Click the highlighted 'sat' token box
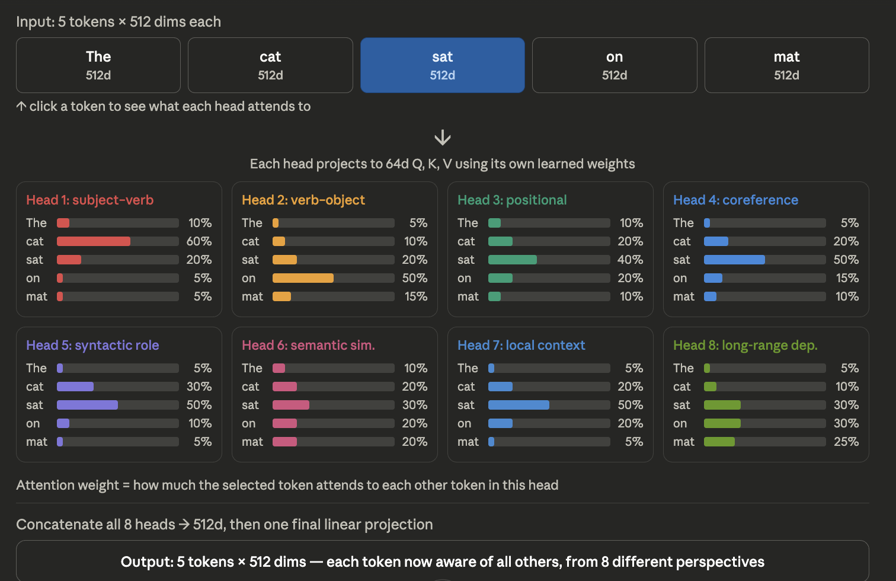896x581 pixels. click(442, 65)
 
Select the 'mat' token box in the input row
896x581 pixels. click(786, 65)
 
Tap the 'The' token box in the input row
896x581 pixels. click(98, 65)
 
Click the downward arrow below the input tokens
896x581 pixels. click(442, 138)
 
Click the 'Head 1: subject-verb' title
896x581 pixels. click(89, 200)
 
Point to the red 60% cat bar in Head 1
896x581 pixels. click(94, 241)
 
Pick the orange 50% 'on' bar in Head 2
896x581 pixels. click(303, 278)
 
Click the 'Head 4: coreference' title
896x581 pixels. click(735, 200)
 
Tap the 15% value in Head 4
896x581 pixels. click(847, 278)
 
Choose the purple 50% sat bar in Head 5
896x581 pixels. click(87, 405)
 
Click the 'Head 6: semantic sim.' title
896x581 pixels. click(308, 346)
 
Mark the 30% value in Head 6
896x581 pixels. click(415, 405)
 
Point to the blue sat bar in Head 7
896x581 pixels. click(519, 405)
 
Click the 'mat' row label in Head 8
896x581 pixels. click(683, 442)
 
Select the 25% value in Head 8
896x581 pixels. click(846, 442)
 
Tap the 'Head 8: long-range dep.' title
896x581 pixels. click(745, 346)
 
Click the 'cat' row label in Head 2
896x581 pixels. click(250, 241)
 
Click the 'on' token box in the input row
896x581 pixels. click(615, 65)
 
